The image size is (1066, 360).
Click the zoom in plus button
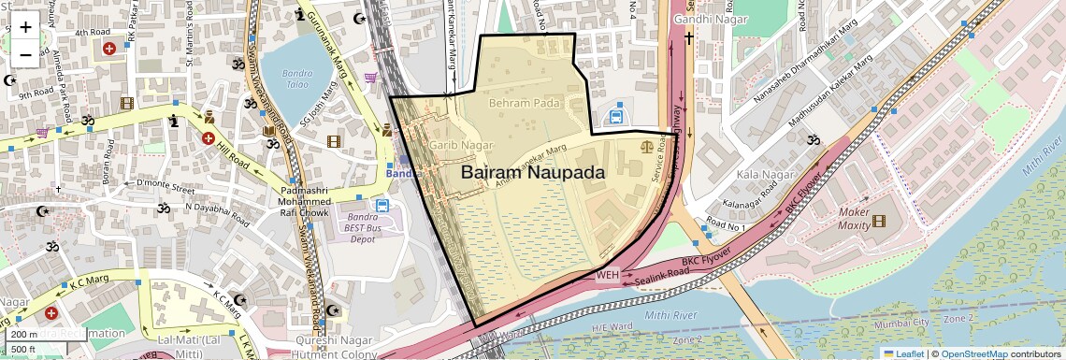point(25,26)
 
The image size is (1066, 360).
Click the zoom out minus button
point(25,54)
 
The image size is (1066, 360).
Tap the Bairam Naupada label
point(532,173)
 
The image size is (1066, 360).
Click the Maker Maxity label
point(842,219)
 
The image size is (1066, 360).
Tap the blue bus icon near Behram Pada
point(617,117)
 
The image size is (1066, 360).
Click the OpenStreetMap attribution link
point(973,353)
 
